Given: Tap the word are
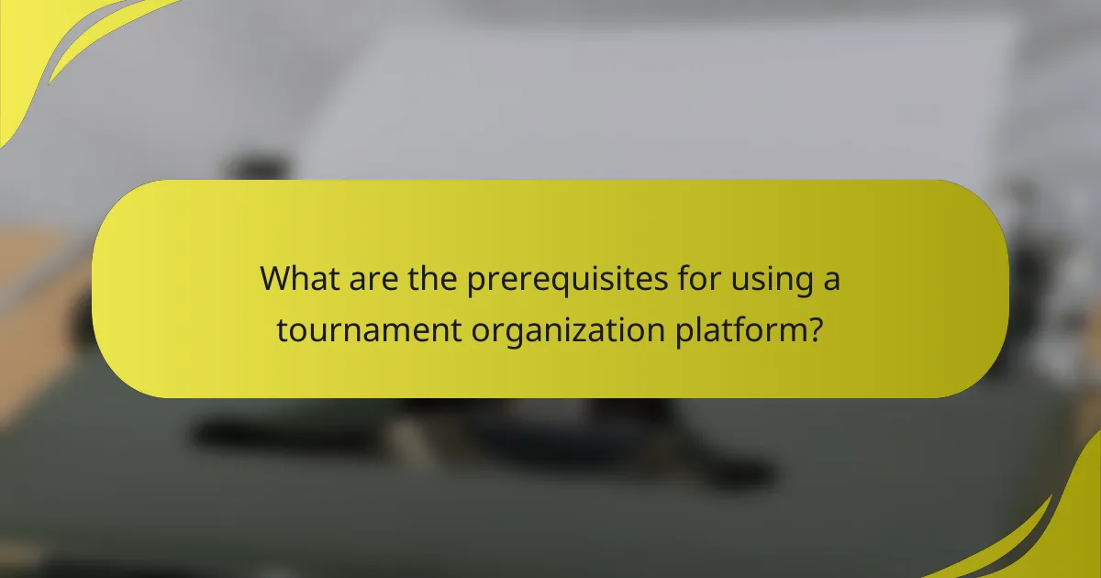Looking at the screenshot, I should click(x=373, y=279).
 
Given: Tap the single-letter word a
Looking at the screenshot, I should click(x=829, y=281).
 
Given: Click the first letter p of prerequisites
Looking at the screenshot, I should click(x=476, y=283).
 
